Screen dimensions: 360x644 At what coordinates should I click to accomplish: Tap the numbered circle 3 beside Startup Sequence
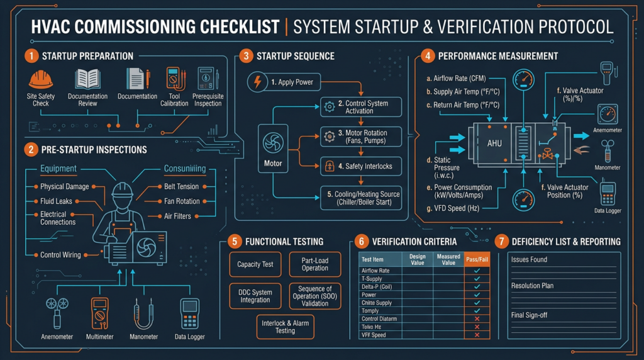point(246,56)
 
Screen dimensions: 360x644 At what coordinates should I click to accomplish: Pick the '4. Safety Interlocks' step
point(361,166)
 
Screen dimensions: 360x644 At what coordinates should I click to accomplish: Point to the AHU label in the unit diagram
point(494,143)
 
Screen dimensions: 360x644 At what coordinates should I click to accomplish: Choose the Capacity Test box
point(255,264)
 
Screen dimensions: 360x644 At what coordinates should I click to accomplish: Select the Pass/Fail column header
point(477,259)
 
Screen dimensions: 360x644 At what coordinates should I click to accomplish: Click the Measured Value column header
point(448,259)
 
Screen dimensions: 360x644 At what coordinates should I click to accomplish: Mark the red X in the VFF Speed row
point(477,335)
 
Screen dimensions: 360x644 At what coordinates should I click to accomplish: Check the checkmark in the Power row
point(477,295)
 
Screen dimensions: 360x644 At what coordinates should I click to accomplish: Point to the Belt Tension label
point(181,186)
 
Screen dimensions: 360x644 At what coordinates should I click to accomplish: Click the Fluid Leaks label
point(56,201)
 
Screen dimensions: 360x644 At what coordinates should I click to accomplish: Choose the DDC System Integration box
point(255,296)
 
